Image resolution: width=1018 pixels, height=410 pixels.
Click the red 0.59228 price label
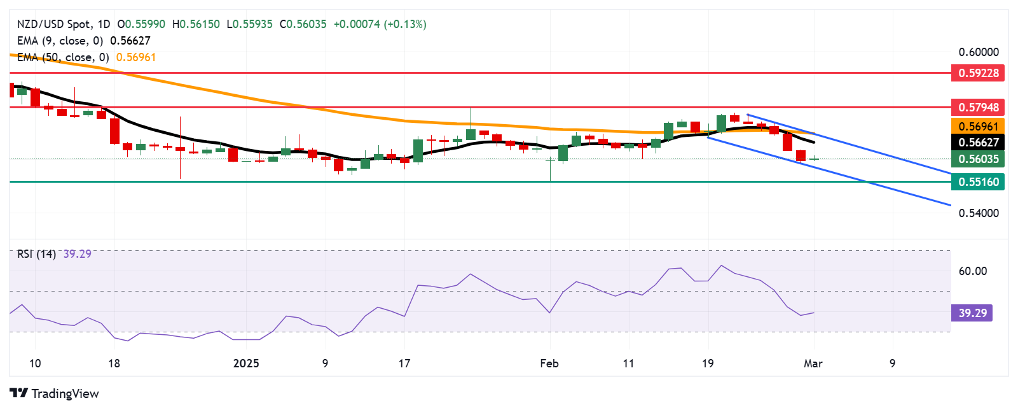tap(978, 73)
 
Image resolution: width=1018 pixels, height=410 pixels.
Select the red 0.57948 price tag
tap(978, 108)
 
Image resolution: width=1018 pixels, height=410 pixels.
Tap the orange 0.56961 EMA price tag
tap(978, 126)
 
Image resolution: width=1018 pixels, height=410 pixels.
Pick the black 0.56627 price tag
tap(978, 143)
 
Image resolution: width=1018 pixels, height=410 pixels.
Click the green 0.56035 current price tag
tap(978, 159)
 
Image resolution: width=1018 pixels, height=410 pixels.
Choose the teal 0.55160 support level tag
tap(978, 182)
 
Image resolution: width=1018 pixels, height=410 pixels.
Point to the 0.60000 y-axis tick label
tap(978, 52)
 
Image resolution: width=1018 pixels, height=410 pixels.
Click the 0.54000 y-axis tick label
tap(978, 213)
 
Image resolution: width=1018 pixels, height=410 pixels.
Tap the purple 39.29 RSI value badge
tap(972, 313)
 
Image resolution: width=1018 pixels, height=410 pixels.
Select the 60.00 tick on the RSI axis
tap(972, 271)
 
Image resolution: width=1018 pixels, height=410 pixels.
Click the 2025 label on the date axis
tap(246, 364)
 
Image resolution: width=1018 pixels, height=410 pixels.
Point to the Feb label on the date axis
tap(549, 364)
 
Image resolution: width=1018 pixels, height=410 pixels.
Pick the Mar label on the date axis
tap(813, 364)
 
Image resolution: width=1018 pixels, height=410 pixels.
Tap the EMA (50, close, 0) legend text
tap(62, 57)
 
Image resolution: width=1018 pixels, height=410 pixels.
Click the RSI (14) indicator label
tap(36, 254)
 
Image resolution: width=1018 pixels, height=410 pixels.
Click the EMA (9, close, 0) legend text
tap(60, 41)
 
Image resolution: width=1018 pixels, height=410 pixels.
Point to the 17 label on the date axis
tap(404, 364)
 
